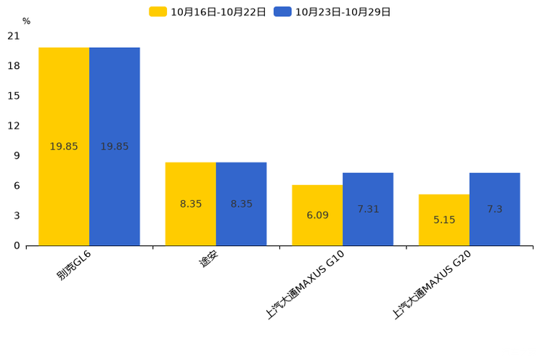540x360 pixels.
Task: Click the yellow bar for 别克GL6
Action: pos(64,147)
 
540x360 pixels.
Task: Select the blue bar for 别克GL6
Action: pos(115,147)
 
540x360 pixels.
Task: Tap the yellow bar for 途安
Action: pos(191,204)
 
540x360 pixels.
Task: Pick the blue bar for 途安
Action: pos(242,204)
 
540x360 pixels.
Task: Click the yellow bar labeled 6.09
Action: pos(317,216)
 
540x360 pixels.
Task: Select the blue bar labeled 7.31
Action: pos(368,209)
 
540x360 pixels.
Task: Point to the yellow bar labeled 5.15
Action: pos(444,220)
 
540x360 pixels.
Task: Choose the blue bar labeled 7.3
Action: pos(495,209)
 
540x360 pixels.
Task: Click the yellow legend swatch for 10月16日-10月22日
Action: pos(157,12)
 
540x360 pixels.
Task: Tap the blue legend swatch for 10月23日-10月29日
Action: pos(282,12)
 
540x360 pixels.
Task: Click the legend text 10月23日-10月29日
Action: pos(343,12)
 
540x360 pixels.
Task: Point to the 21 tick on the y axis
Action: pos(14,36)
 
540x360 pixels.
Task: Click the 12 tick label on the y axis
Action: pos(14,126)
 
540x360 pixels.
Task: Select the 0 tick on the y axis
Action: pos(17,245)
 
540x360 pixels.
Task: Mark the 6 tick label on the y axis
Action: pos(17,186)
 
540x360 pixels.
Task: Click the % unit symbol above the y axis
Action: pos(27,21)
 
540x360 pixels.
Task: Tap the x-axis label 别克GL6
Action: pos(74,265)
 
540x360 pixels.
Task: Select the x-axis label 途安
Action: pos(209,259)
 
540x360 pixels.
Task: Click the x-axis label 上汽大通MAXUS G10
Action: pos(305,285)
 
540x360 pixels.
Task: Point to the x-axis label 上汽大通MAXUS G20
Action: pos(432,285)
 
